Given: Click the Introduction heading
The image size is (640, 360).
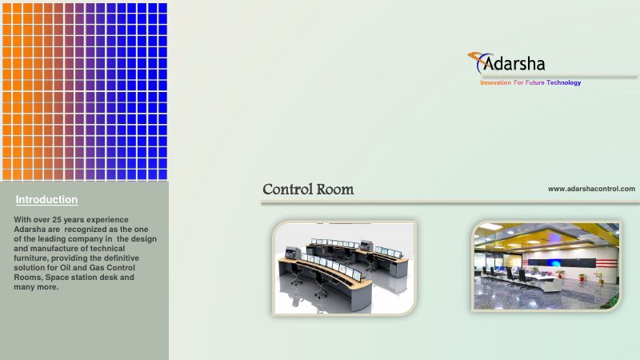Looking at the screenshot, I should (x=46, y=199).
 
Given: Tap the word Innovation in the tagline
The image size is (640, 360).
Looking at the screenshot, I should (x=495, y=83).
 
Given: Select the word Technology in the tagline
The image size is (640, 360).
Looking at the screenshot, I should (x=563, y=83).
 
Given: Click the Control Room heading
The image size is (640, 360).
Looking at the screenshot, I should (x=308, y=190).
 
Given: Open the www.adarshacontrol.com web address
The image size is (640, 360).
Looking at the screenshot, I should (x=591, y=189).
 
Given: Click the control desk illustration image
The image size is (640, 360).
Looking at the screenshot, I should (x=344, y=267).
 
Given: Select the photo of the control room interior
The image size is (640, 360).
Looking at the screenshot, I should (x=546, y=266).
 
